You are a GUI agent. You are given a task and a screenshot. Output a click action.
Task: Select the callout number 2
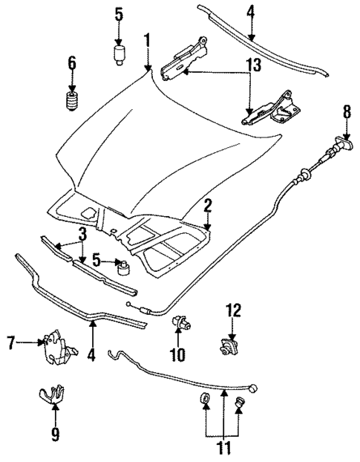[x=209, y=206]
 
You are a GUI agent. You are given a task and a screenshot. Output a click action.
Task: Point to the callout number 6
[x=72, y=64]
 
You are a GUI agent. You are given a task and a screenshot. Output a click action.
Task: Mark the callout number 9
[x=54, y=433]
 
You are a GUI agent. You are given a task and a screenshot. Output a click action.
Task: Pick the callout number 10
[x=178, y=356]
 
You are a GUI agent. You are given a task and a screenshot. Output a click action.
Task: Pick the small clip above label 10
[x=179, y=324]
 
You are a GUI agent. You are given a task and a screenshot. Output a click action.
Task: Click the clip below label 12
[x=230, y=345]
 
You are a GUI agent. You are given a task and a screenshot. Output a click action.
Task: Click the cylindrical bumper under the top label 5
[x=120, y=54]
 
